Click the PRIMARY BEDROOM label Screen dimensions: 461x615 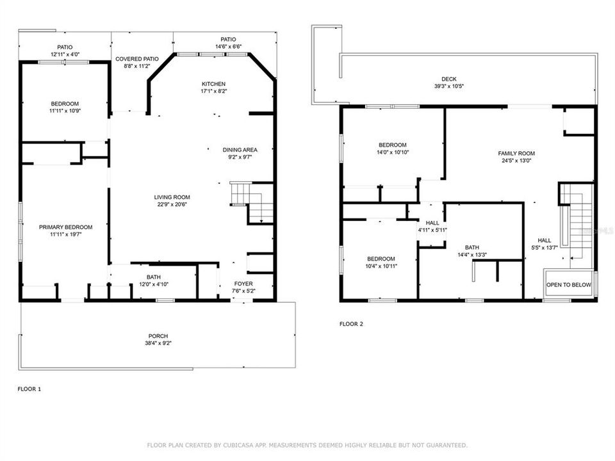point(65,227)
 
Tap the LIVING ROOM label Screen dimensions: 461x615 point(172,197)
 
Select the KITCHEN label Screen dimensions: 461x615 point(213,84)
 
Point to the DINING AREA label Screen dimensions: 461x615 point(240,150)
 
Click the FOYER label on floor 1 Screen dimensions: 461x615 point(243,283)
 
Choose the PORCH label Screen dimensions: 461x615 point(158,336)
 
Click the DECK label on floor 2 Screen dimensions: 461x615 point(448,79)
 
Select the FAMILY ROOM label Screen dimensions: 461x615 point(516,153)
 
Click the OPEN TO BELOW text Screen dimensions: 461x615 point(568,285)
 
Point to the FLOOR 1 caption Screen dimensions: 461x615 point(29,389)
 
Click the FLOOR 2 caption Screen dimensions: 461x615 point(351,324)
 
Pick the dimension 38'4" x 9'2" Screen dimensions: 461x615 point(158,343)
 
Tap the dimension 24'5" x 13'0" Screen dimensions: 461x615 point(516,161)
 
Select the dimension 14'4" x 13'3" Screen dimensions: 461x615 point(471,255)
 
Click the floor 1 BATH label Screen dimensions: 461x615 point(153,277)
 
